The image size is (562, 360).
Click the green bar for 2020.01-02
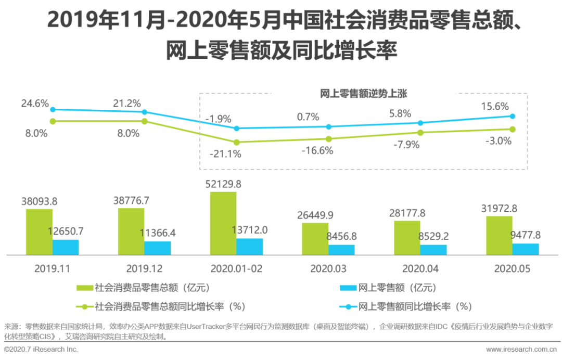tap(223, 223)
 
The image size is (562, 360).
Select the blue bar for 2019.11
tap(66, 247)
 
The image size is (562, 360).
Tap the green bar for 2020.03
tap(315, 239)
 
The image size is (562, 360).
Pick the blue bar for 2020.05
tap(526, 249)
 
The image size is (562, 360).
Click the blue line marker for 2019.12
tap(145, 112)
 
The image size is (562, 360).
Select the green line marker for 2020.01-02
tap(236, 142)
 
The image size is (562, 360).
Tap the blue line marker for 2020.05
tap(513, 116)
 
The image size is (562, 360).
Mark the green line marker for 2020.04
tap(420, 133)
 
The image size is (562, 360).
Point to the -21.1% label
tap(225, 154)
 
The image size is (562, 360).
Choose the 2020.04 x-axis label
tap(420, 269)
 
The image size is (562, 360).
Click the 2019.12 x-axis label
tap(144, 269)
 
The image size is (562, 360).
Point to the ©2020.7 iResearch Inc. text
tap(41, 349)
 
